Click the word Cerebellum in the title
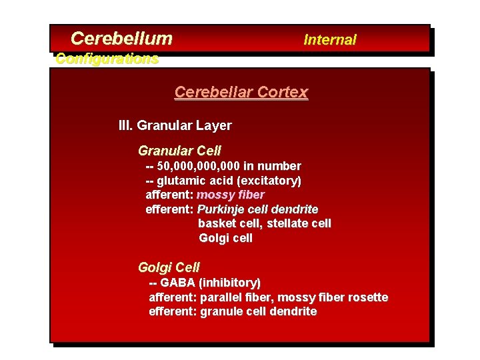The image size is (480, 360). [x=121, y=39]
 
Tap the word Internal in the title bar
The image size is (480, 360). [x=330, y=40]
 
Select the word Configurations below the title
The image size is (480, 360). [x=107, y=59]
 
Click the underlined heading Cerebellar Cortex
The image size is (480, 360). [x=241, y=92]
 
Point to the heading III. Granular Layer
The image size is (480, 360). [x=175, y=125]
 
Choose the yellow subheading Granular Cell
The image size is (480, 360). [x=179, y=151]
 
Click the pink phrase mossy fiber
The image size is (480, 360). [x=231, y=195]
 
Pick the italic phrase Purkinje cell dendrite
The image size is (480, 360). [x=257, y=209]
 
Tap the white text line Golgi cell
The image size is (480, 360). [x=225, y=238]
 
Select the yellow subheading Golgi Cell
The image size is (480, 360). [x=169, y=267]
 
